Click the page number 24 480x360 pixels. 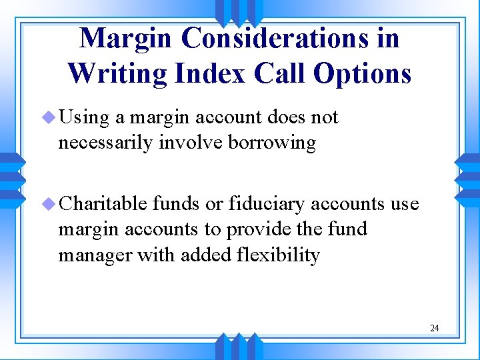[435, 328]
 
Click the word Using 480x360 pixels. [84, 119]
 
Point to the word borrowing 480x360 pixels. [272, 143]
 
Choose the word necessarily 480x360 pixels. [107, 143]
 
